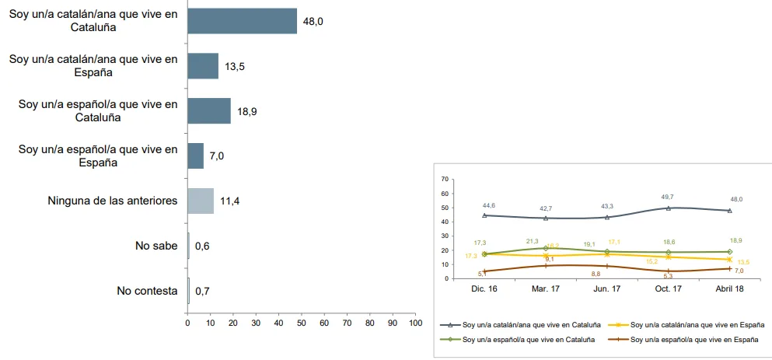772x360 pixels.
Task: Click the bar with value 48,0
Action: point(243,21)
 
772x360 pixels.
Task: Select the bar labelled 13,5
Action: point(203,66)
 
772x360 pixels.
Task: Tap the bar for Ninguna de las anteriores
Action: point(201,201)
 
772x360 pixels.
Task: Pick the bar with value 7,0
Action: point(195,156)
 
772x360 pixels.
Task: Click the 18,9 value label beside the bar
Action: point(246,111)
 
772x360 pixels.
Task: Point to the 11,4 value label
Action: point(230,201)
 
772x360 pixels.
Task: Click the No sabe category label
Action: point(156,246)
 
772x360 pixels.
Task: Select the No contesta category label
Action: point(147,291)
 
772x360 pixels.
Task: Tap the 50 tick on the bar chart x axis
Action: point(302,323)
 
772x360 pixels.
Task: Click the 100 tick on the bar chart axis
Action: point(415,323)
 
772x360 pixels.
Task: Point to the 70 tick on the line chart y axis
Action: point(445,180)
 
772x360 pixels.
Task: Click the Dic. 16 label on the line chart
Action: point(484,289)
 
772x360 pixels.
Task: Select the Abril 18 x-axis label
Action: point(729,289)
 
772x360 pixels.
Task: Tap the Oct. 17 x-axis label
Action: point(668,289)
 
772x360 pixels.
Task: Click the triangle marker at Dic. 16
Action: point(484,215)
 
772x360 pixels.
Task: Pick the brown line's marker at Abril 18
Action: point(729,268)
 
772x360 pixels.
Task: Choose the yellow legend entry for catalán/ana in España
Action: point(686,325)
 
